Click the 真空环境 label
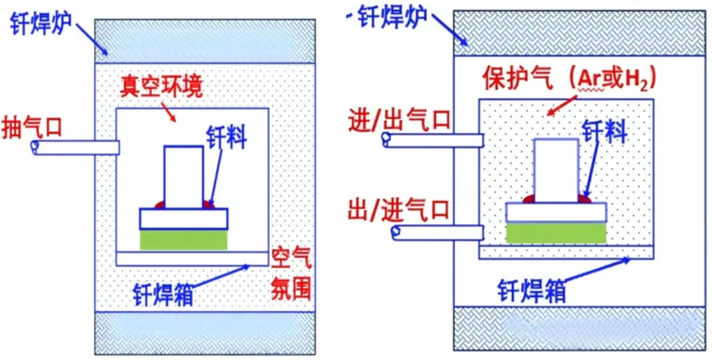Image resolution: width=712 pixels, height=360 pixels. click(x=161, y=86)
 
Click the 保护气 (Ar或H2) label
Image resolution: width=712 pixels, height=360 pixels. click(x=569, y=79)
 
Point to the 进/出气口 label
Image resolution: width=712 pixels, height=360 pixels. click(x=400, y=120)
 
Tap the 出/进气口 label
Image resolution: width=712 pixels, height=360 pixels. click(x=399, y=209)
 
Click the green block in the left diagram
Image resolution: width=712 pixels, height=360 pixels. click(x=183, y=240)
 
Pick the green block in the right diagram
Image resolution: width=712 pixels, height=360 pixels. click(x=556, y=232)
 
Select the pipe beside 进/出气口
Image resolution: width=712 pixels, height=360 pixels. click(x=433, y=140)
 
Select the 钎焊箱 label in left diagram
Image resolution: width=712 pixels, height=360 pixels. click(x=163, y=294)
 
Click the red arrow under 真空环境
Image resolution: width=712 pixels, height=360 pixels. click(x=170, y=112)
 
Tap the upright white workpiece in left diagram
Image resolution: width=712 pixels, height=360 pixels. click(x=183, y=176)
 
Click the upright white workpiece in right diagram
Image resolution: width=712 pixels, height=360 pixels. click(x=556, y=171)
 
